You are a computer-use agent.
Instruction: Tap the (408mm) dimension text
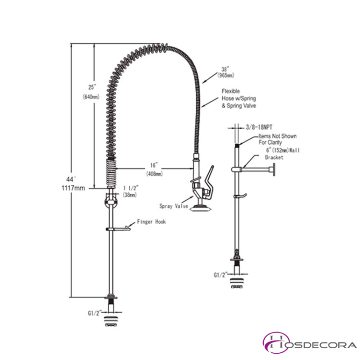point(154,173)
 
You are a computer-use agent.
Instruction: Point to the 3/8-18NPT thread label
point(261,127)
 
